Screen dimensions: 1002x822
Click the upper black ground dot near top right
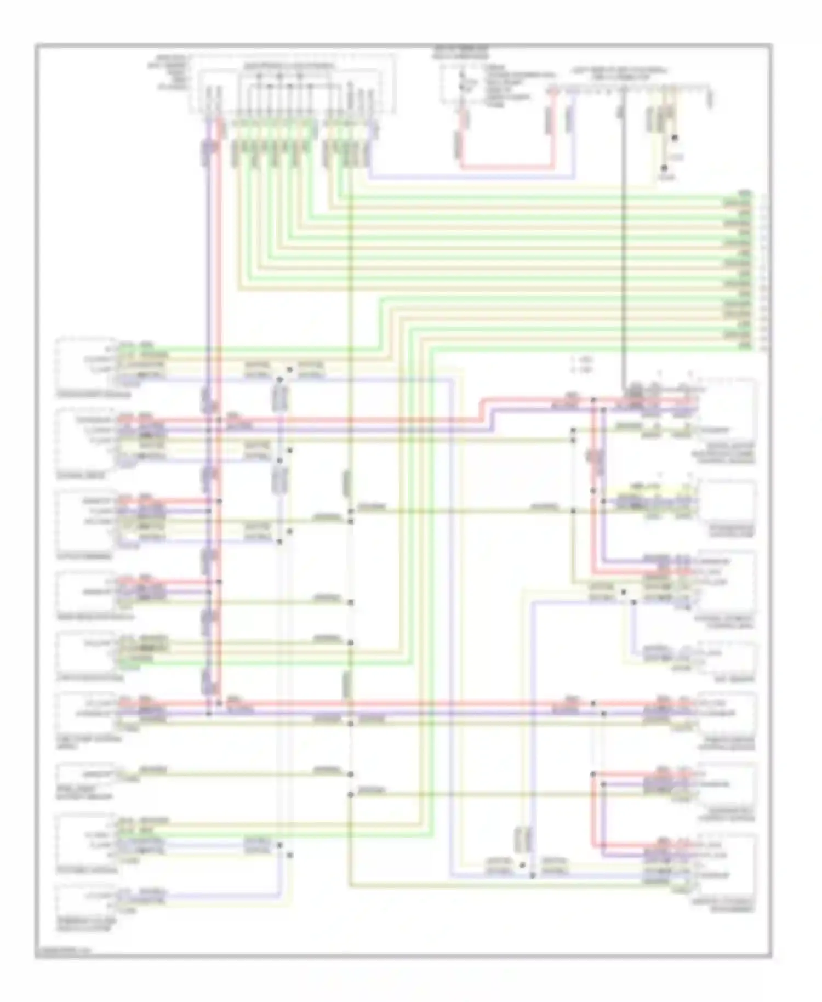point(675,139)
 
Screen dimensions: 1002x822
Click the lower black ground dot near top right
point(664,168)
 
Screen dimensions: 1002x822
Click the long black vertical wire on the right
point(623,247)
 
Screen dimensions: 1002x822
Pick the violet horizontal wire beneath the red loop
point(471,178)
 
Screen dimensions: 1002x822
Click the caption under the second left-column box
point(73,476)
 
